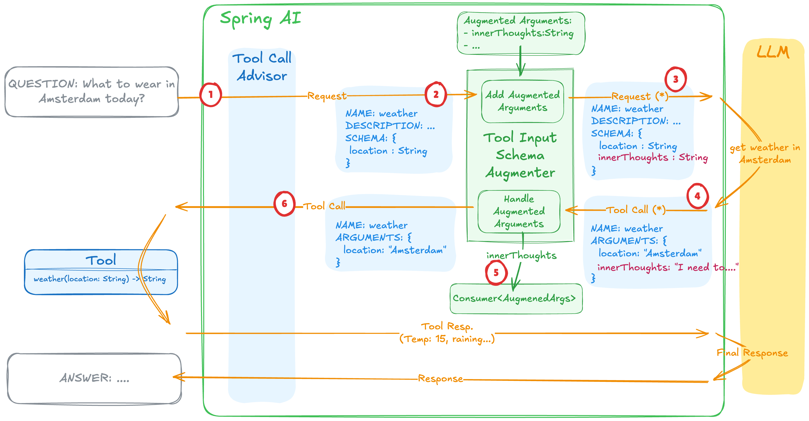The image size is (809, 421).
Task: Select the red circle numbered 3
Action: [675, 79]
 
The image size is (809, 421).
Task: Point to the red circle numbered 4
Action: [697, 196]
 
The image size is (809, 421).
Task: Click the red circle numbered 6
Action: [284, 204]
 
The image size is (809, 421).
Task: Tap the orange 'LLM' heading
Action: [773, 52]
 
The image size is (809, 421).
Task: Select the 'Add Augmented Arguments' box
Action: [522, 101]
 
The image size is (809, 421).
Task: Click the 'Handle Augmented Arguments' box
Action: [519, 211]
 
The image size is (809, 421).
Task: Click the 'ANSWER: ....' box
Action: [94, 378]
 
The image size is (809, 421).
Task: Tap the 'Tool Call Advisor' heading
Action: [262, 67]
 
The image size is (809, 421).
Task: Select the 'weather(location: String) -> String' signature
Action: [100, 279]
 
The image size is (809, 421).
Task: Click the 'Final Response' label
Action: [752, 353]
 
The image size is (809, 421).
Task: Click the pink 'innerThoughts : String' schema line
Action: [653, 157]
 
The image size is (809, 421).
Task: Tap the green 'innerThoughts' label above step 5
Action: [521, 255]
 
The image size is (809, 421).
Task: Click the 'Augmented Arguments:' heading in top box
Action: [518, 21]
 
